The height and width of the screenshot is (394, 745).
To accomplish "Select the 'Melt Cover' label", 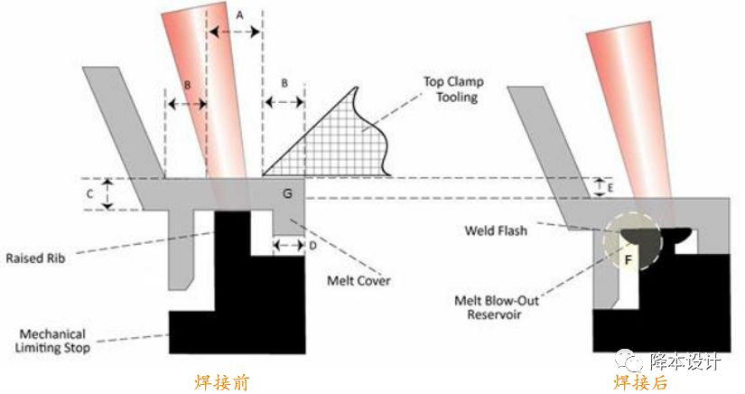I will [359, 281].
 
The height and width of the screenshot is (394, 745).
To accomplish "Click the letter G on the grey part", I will [287, 193].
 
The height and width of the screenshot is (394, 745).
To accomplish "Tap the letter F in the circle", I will [629, 260].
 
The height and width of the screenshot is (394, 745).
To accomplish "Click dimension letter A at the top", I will [238, 14].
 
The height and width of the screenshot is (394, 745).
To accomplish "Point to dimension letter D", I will [312, 246].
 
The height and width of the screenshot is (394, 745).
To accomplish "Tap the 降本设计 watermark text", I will [685, 362].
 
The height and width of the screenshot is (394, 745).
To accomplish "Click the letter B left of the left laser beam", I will [186, 83].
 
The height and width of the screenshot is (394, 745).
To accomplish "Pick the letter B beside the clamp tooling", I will [284, 83].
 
